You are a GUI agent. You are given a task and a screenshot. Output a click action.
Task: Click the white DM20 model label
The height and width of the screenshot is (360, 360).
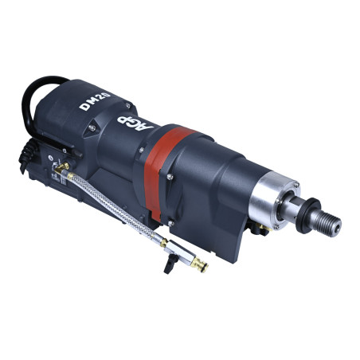tap(95, 101)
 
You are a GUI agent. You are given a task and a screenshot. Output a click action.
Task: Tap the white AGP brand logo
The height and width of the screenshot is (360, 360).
tap(135, 124)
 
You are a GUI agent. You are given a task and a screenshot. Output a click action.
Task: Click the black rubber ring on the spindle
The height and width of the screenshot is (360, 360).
tap(309, 215)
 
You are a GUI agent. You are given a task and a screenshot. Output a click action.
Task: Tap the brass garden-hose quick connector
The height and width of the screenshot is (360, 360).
tap(200, 264)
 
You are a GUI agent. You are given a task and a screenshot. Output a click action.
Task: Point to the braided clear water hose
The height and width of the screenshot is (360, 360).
tap(111, 201)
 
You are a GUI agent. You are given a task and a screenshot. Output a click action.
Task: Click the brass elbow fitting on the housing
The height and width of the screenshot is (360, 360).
tap(62, 168)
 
